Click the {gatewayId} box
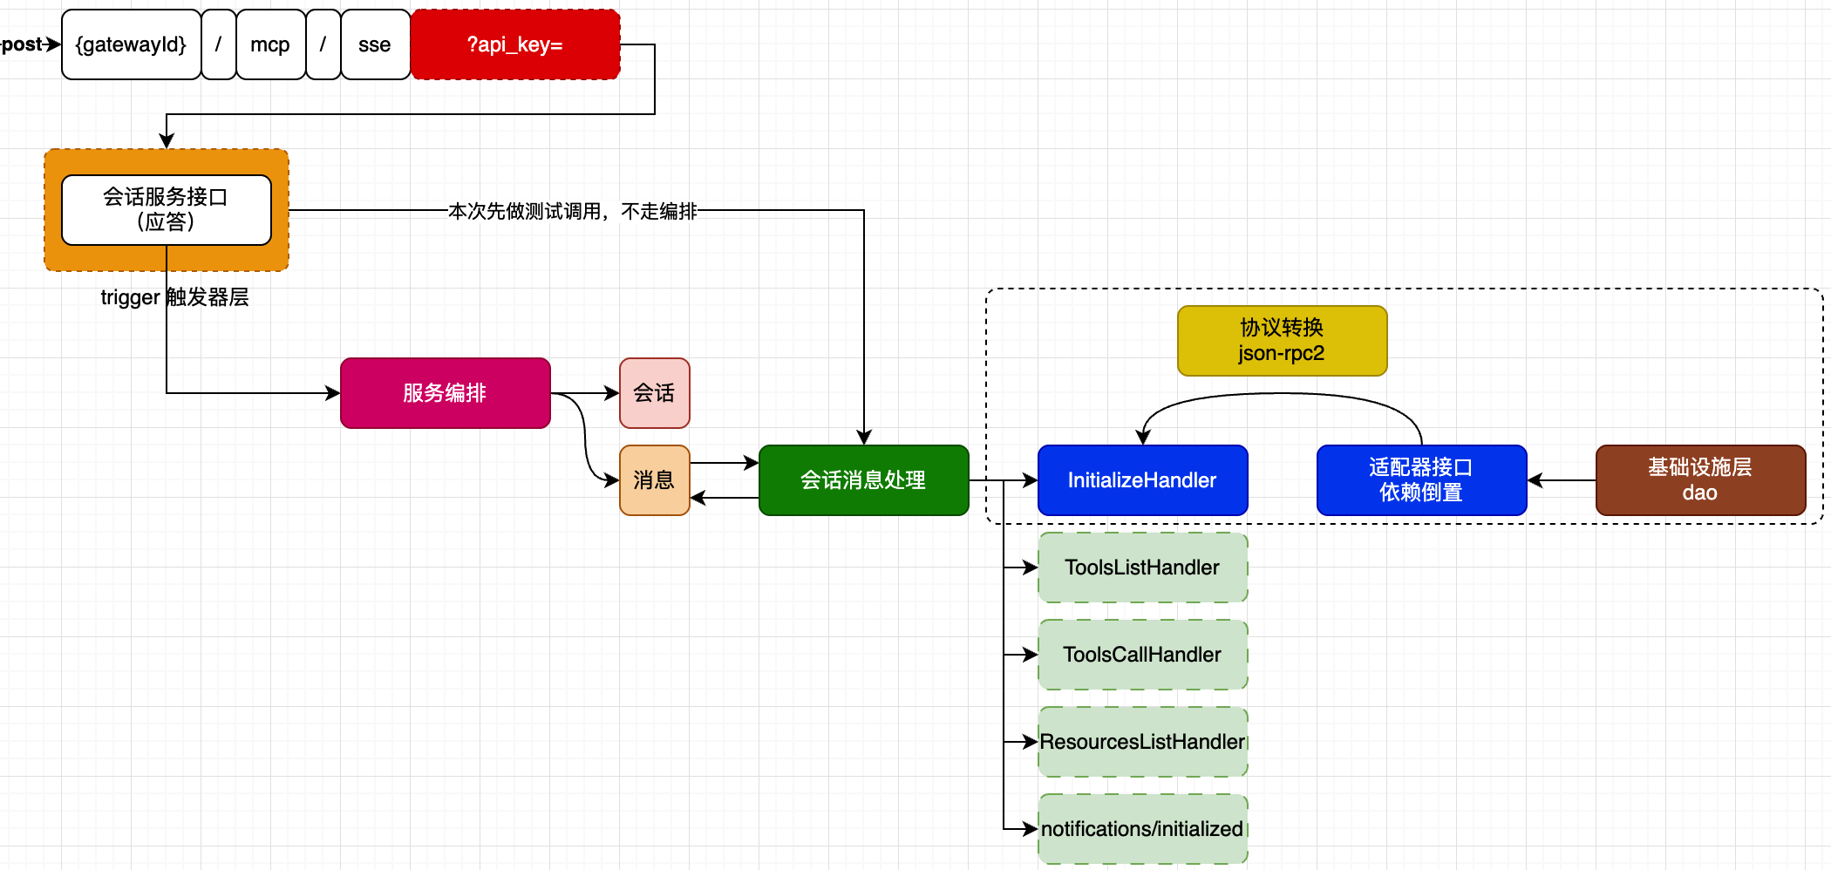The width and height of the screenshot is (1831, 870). pos(131,44)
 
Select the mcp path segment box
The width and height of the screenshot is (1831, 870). pos(270,44)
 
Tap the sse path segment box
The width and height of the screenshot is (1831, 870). pos(375,44)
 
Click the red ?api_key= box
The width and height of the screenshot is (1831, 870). pos(515,44)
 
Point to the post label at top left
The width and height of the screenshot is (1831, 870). pos(23,44)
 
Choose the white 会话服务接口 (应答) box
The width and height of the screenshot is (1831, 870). pos(166,209)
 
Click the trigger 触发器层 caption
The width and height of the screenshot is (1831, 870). pos(174,297)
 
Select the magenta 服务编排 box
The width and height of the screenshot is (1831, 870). pos(445,393)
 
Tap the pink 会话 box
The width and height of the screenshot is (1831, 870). pos(654,393)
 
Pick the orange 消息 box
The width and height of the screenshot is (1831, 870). pos(654,480)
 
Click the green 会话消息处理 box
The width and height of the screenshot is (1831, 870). pos(863,480)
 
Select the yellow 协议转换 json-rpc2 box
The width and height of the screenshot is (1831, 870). pos(1282,341)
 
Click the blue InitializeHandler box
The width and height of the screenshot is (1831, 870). pos(1142,480)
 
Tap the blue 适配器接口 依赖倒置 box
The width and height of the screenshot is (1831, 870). pos(1421,480)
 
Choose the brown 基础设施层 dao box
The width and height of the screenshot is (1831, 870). pos(1700,480)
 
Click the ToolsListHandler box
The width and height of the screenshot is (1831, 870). pos(1142,568)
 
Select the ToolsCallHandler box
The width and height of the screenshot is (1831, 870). pos(1142,655)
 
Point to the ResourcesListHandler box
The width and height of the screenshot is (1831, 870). pos(1142,742)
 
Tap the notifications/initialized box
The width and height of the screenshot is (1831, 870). pos(1142,829)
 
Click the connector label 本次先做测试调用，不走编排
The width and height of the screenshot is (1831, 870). pos(572,211)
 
